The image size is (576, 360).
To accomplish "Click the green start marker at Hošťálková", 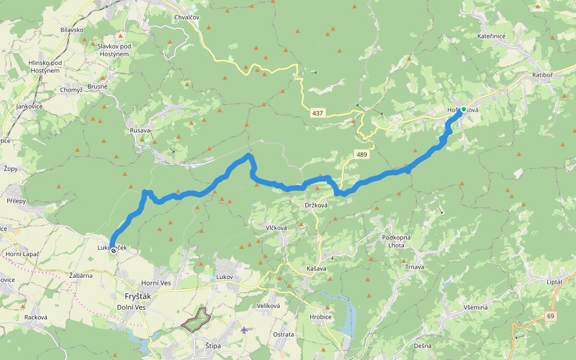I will point(463,109).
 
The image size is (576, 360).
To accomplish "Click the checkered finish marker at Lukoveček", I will point(113,251).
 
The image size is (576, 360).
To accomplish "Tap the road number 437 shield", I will point(317,113).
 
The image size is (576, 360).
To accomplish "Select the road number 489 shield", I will point(361,155).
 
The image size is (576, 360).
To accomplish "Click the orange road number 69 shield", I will point(551,316).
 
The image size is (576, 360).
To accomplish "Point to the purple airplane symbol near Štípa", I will point(244,329).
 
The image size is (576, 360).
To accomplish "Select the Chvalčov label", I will point(186,17).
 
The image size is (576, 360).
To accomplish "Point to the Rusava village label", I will point(140,130).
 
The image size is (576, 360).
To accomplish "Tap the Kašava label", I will point(316,268).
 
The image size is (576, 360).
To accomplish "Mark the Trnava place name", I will point(414,266).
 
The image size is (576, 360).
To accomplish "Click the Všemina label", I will point(475,307).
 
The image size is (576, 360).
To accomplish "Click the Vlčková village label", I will point(277,227).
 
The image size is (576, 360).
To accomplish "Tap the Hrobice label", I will point(320,316).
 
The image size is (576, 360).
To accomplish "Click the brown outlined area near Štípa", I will point(196,320).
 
